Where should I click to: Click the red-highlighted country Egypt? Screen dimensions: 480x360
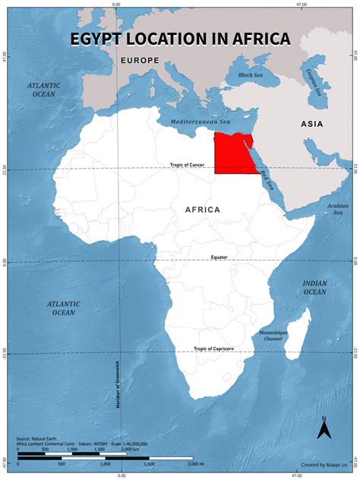click(233, 154)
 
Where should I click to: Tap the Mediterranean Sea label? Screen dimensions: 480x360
click(200, 122)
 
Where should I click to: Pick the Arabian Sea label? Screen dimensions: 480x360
click(336, 208)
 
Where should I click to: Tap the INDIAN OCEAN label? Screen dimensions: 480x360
click(314, 287)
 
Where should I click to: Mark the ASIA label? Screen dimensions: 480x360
click(311, 124)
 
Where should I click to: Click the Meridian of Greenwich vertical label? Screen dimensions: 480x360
click(119, 384)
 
